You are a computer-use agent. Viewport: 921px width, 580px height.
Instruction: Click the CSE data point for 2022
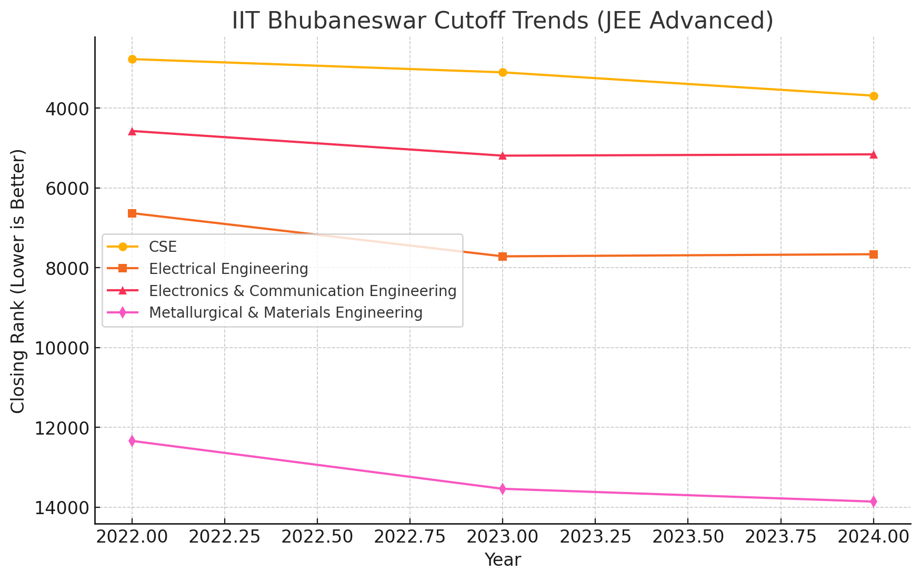click(x=132, y=59)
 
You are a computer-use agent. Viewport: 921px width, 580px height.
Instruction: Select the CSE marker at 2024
click(x=874, y=96)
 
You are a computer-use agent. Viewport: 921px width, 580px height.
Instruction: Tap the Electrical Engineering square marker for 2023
click(x=503, y=257)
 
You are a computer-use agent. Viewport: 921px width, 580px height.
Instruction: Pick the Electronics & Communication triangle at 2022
click(x=132, y=131)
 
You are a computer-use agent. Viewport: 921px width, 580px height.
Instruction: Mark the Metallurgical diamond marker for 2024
click(x=874, y=502)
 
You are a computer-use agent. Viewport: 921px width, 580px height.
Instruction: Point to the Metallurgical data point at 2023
click(x=503, y=489)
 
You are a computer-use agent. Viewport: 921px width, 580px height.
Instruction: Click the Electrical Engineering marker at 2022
click(x=132, y=213)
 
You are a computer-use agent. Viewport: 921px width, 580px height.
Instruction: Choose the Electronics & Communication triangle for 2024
click(x=874, y=154)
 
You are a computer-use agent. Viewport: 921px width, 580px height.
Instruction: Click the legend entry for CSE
click(x=163, y=247)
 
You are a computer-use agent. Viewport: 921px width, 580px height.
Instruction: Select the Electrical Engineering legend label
click(x=228, y=269)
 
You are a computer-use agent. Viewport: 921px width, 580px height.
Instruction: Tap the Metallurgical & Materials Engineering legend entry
click(x=286, y=313)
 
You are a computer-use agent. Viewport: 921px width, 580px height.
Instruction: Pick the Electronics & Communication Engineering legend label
click(x=303, y=291)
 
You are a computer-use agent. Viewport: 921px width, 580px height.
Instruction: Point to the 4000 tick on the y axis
click(x=66, y=109)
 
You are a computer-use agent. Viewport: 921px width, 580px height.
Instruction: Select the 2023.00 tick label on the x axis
click(x=503, y=538)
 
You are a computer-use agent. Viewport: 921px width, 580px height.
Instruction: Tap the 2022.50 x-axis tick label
click(x=317, y=538)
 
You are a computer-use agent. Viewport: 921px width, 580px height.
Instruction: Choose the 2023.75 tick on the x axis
click(x=780, y=538)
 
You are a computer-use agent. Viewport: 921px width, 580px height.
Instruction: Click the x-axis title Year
click(x=503, y=560)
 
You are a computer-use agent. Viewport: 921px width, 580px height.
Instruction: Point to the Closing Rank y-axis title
click(x=18, y=281)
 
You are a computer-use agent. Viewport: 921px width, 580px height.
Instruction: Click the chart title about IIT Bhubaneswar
click(x=503, y=21)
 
